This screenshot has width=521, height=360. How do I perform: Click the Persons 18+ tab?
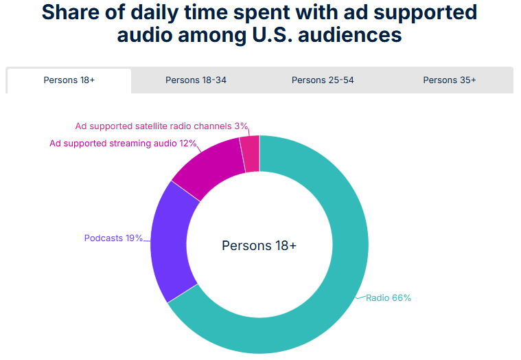pos(69,80)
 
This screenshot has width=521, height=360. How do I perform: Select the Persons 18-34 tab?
pos(196,80)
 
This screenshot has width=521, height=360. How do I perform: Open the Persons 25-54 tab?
pos(323,80)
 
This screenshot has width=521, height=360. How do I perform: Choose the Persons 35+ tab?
pos(450,80)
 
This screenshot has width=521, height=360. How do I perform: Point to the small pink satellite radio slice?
pos(250,152)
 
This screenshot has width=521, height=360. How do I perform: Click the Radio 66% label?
pos(389,298)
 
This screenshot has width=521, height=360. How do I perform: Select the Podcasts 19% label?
pos(113,238)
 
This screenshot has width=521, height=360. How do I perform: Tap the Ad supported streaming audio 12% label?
pos(123,144)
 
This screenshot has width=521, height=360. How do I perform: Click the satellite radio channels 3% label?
pos(161,126)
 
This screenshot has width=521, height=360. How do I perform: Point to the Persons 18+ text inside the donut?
pos(259,245)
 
